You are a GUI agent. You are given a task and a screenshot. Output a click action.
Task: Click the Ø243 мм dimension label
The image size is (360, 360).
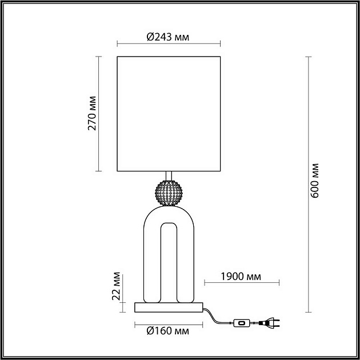(167, 37)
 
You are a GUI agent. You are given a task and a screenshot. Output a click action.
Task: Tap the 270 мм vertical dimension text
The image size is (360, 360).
(91, 114)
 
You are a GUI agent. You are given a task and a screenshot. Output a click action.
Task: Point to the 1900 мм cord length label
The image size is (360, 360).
(240, 277)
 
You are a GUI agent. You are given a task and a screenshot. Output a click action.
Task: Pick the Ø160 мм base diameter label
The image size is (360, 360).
(167, 331)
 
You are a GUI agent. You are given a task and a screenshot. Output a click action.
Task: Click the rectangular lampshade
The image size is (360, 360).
(169, 113)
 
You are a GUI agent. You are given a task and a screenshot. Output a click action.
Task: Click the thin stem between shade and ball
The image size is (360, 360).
(169, 175)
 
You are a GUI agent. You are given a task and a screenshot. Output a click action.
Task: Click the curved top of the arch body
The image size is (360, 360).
(169, 213)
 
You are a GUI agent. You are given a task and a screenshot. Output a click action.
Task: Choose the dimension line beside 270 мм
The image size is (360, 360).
(98, 113)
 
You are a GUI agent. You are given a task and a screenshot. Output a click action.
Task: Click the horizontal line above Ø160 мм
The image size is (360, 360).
(169, 324)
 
